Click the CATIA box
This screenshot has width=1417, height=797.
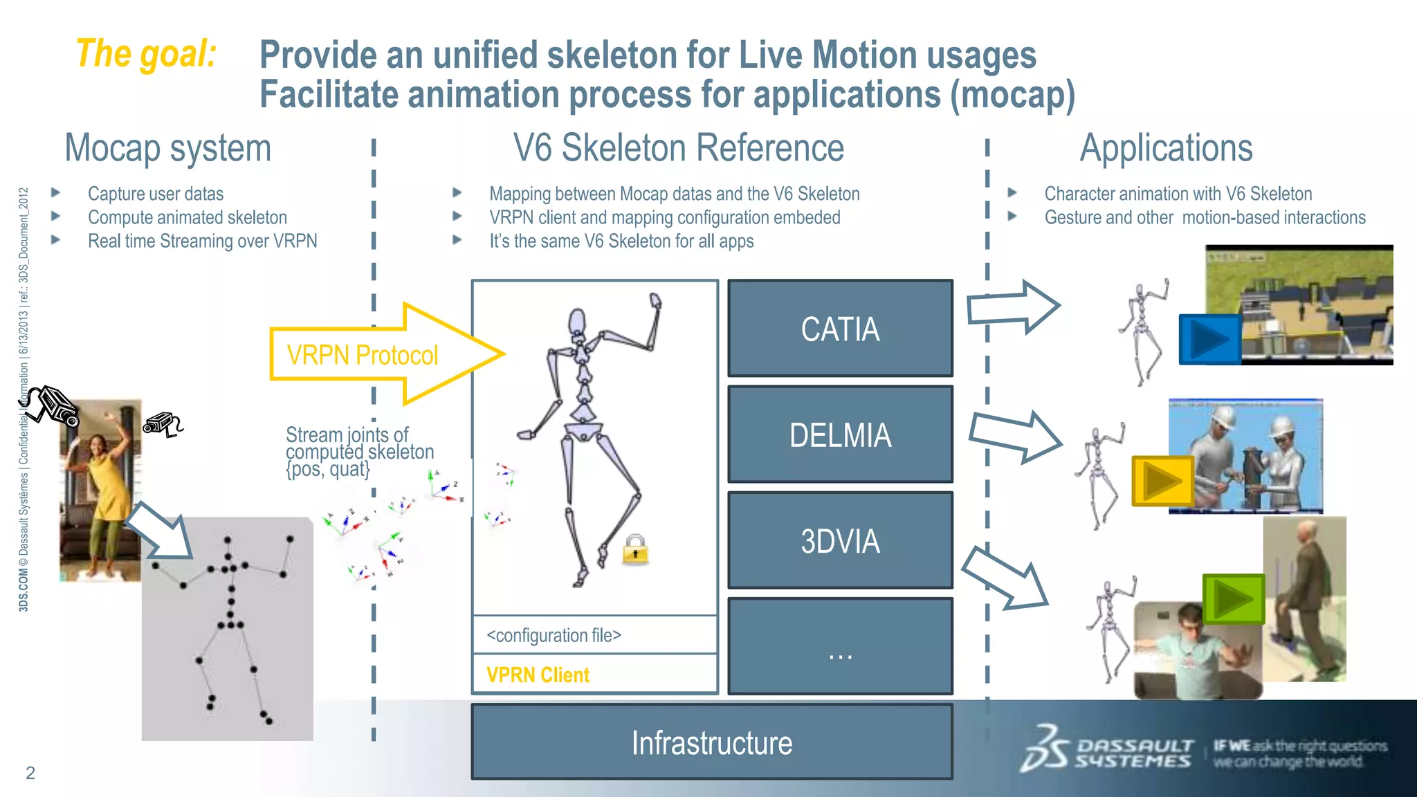click(x=840, y=329)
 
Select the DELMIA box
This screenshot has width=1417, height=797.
click(x=840, y=434)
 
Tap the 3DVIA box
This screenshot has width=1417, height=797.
click(x=840, y=540)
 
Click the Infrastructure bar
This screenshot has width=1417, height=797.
click(x=712, y=742)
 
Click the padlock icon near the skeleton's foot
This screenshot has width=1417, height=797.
click(x=635, y=550)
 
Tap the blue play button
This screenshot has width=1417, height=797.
click(x=1210, y=339)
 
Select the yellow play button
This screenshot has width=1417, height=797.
click(x=1163, y=480)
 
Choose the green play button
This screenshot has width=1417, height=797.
click(x=1234, y=599)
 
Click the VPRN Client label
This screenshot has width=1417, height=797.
click(x=538, y=675)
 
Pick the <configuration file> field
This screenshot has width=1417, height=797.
click(x=554, y=635)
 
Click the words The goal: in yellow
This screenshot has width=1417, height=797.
click(x=146, y=54)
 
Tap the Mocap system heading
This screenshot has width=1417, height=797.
click(x=168, y=148)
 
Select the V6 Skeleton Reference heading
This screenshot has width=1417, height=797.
click(x=678, y=148)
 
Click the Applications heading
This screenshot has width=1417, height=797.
click(x=1167, y=148)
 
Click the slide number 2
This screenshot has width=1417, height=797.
click(x=30, y=773)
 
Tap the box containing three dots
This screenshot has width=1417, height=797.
click(x=840, y=646)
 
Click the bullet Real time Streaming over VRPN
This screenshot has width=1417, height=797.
click(x=202, y=241)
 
